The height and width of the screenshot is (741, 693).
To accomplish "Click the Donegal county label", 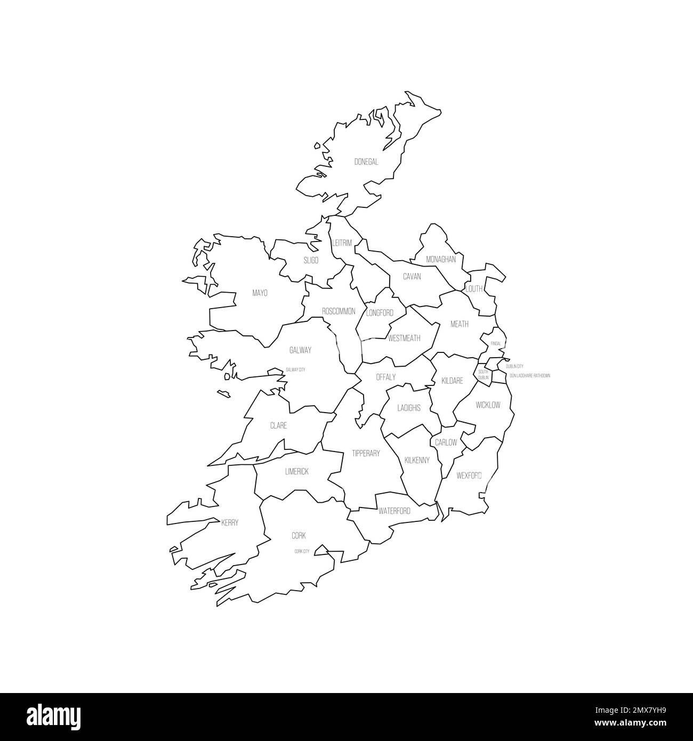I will coord(366,162).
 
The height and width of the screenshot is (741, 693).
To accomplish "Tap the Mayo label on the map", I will coord(260,293).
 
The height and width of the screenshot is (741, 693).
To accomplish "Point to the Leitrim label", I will coord(342,243).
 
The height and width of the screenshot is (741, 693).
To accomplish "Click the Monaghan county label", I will coord(441,260).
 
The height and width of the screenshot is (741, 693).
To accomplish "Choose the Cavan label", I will coord(412,277).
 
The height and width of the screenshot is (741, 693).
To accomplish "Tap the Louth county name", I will coord(474,289).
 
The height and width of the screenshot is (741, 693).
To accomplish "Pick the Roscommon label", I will coord(339,311).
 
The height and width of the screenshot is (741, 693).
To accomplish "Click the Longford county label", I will coord(380,313).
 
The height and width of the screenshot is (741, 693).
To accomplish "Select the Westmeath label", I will coord(404,339).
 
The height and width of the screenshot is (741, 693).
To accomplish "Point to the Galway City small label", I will coord(295,369).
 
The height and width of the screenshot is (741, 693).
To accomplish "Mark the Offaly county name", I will coord(386,377).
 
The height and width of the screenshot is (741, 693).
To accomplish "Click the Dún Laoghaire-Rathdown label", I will coord(529,376).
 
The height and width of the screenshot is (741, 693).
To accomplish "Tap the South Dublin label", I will coord(483,375).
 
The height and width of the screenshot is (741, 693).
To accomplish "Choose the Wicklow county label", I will coord(488,405).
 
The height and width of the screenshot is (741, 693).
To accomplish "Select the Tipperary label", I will coord(366,454).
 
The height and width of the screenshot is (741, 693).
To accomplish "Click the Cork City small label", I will coord(302,551).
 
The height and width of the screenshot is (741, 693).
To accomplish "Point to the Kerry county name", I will coord(230,523).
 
